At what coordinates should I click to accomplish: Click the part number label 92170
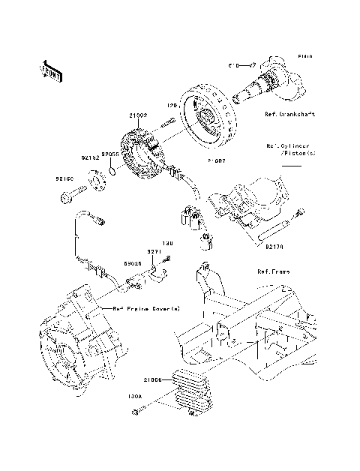coord(273,244)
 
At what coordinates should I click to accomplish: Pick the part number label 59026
coord(134,263)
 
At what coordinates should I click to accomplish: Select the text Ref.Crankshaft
coord(289,115)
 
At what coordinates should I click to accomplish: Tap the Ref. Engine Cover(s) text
coord(136,309)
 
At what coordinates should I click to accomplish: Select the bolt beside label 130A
coord(140,409)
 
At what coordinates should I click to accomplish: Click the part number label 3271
coord(154,253)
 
